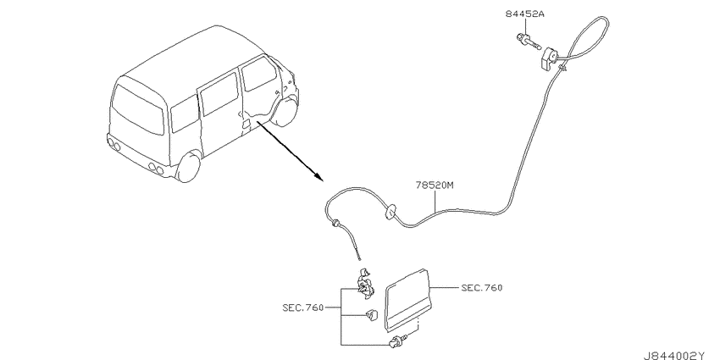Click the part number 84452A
(525, 14)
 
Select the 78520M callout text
(435, 186)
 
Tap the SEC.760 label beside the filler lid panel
(482, 288)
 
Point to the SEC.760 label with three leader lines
(303, 307)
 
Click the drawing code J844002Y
(679, 356)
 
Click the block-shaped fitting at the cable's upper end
(550, 59)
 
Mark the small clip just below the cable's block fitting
(562, 69)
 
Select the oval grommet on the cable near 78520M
(390, 212)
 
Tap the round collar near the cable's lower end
(337, 224)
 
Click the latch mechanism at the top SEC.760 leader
(366, 283)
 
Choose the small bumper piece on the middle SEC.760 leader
(371, 314)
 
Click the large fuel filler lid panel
(407, 299)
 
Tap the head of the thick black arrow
(318, 177)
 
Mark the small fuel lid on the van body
(246, 125)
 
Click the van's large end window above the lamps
(138, 109)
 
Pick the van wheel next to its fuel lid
(285, 112)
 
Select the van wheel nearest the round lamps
(189, 168)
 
